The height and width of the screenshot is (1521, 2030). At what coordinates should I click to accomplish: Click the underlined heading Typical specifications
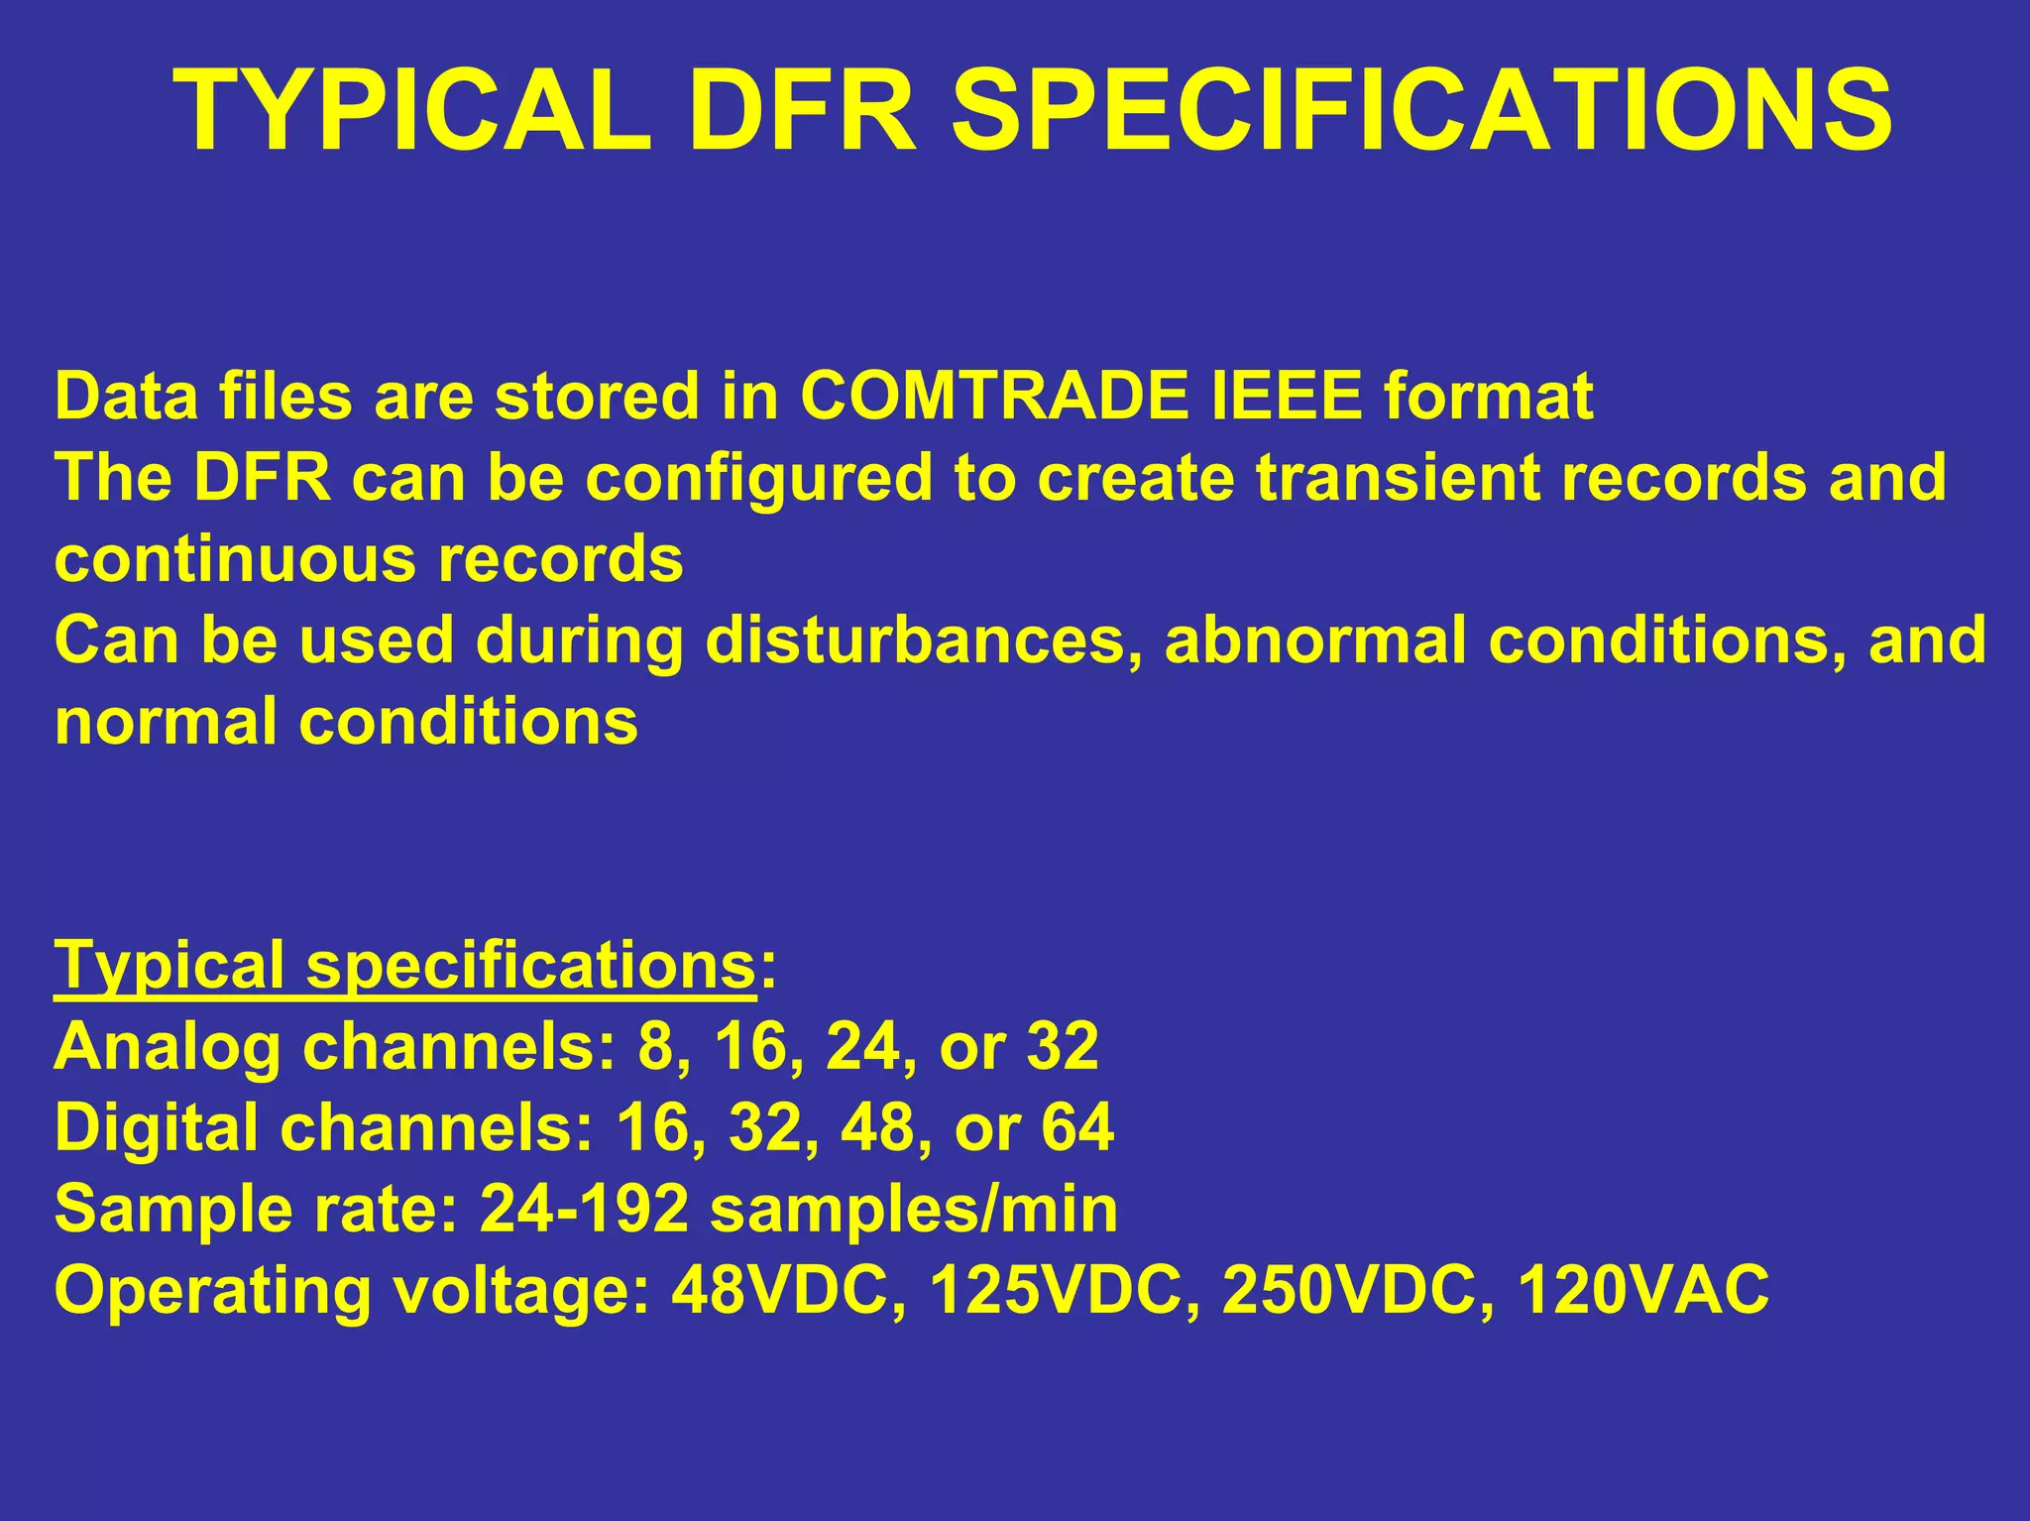(x=405, y=966)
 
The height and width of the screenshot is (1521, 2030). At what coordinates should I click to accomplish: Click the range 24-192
(x=584, y=1210)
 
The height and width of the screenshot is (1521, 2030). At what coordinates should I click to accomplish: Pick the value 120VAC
(x=1642, y=1291)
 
